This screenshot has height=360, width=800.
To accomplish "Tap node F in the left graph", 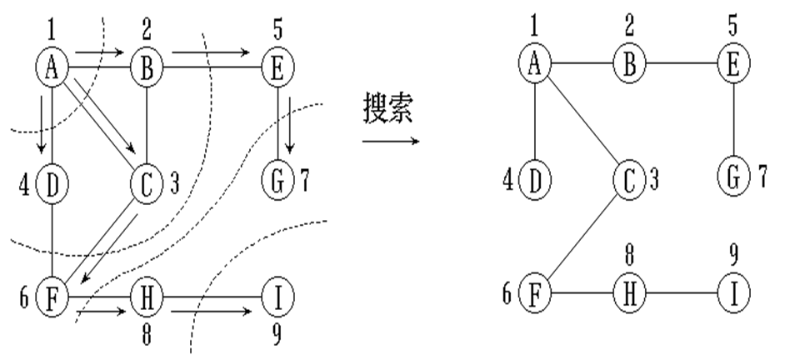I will click(x=52, y=296).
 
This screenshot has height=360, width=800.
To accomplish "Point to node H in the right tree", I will click(x=630, y=293).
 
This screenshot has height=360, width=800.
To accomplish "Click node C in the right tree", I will click(x=630, y=177).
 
